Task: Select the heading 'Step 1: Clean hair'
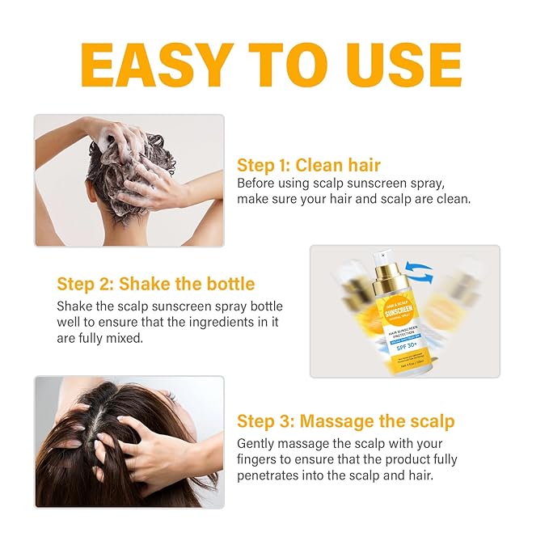tap(308, 165)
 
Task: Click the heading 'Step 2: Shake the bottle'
tap(155, 284)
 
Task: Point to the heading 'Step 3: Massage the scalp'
tap(345, 421)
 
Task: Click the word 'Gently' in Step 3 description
tap(257, 444)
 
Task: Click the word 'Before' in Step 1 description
tap(257, 183)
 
